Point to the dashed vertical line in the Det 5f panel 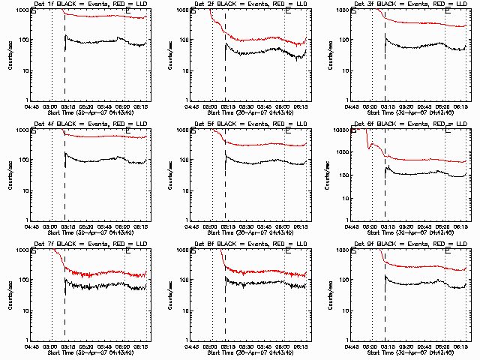pos(226,180)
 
